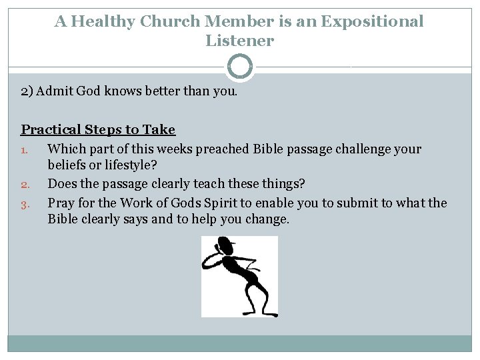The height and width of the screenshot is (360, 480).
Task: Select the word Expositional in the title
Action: (372, 21)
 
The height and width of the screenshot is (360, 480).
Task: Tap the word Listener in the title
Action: (239, 41)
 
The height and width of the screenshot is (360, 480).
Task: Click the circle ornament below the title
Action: (240, 67)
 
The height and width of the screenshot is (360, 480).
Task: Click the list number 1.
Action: (25, 150)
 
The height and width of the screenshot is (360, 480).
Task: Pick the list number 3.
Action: (25, 204)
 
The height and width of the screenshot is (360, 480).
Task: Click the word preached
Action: (223, 149)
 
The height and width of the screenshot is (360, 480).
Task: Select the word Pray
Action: (61, 203)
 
